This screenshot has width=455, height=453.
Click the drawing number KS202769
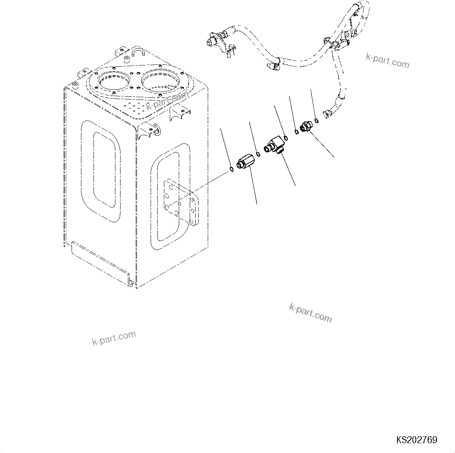tap(417, 440)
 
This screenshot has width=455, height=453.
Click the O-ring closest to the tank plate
tap(231, 169)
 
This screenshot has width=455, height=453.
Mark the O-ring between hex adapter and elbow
tap(257, 154)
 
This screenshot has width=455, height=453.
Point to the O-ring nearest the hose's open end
tap(316, 120)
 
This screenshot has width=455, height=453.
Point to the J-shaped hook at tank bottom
tap(131, 279)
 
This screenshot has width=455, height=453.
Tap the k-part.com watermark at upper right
tap(387, 61)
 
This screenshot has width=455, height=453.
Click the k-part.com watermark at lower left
tap(114, 338)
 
